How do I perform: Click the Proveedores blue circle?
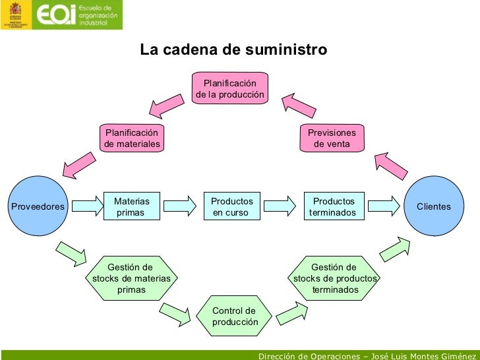[x=38, y=206]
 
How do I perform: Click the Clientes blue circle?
[x=434, y=206]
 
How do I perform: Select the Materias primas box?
[x=132, y=206]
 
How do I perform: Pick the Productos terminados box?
[x=333, y=206]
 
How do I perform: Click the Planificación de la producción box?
[x=230, y=89]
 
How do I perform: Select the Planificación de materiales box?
[x=132, y=138]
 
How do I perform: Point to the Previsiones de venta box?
[x=332, y=138]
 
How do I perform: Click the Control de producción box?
[x=233, y=316]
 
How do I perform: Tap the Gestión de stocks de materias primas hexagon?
[x=131, y=278]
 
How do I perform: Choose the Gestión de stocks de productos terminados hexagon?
[x=334, y=278]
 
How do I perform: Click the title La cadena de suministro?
[x=233, y=51]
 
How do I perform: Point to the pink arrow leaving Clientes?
[x=390, y=165]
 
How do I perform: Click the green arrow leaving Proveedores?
[x=72, y=253]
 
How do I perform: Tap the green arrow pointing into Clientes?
[x=395, y=248]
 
